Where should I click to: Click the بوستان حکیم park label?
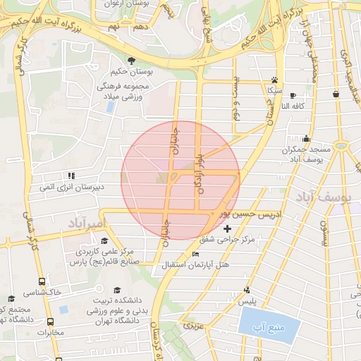pyautogui.click(x=131, y=72)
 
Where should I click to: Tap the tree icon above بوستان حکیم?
pyautogui.click(x=131, y=60)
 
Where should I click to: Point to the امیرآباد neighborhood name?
pyautogui.click(x=87, y=224)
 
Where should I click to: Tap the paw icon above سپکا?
pyautogui.click(x=274, y=80)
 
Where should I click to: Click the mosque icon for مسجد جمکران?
pyautogui.click(x=306, y=138)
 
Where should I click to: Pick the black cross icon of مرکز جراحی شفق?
pyautogui.click(x=226, y=229)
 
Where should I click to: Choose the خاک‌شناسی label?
pyautogui.click(x=43, y=291)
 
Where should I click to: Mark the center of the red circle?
pyautogui.click(x=180, y=180)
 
